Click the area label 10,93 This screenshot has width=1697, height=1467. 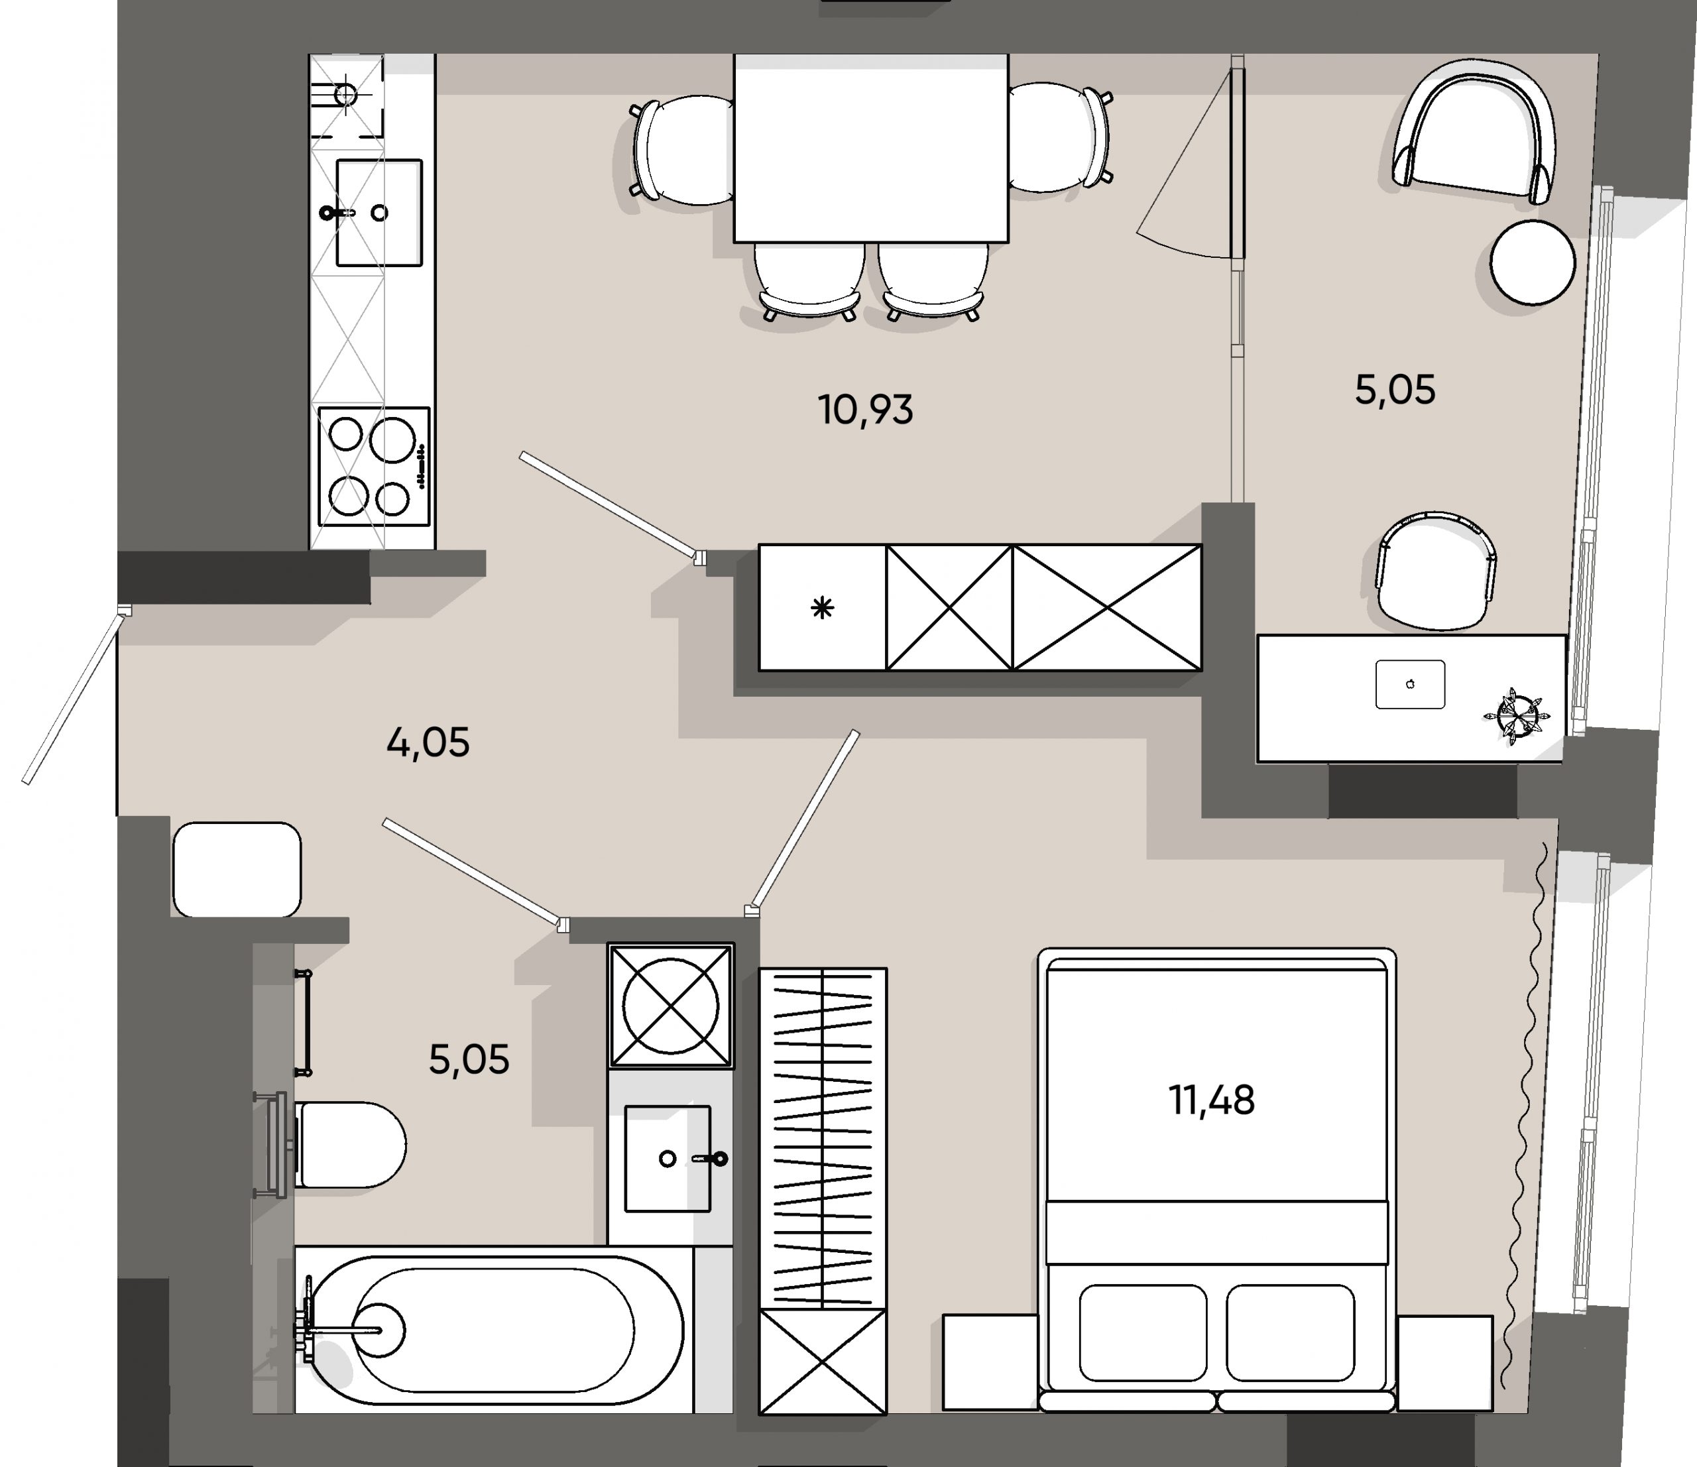point(865,410)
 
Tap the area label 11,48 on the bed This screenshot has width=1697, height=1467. point(1211,1100)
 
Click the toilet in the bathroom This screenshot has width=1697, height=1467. point(348,1144)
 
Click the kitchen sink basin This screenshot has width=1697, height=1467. point(379,213)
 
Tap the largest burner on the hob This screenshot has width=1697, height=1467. point(392,439)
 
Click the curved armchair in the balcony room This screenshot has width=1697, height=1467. point(1474,131)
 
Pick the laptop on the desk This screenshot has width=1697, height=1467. point(1409,684)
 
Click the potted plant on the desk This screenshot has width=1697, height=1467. point(1514,715)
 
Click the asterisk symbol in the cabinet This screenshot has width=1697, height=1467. point(822,608)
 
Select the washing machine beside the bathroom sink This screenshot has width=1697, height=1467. point(670,1006)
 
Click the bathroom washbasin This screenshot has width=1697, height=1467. point(668,1158)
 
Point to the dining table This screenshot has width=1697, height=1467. point(870,147)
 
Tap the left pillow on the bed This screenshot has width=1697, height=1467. point(1143,1332)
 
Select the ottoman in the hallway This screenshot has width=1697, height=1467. point(237,869)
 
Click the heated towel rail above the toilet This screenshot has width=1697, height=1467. point(304,1022)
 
